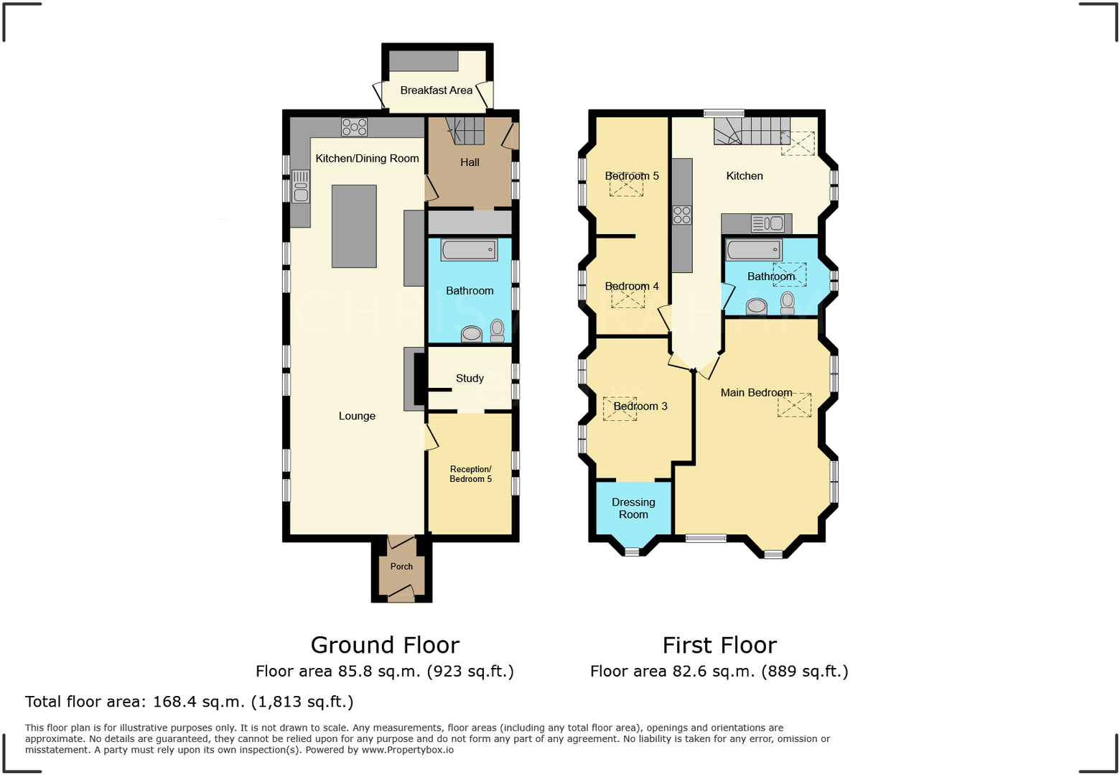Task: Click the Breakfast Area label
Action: (436, 91)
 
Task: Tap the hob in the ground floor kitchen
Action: (354, 127)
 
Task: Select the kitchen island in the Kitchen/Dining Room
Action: (354, 226)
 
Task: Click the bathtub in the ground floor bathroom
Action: (469, 250)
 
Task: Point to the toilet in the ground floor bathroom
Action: (497, 330)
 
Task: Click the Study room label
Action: (470, 379)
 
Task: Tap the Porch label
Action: (401, 567)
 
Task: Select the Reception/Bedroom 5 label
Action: (470, 474)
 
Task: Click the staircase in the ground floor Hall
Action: (466, 131)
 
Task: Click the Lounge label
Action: (357, 416)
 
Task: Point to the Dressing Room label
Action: (633, 509)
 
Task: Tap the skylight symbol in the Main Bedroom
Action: (794, 405)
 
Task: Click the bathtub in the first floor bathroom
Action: (753, 250)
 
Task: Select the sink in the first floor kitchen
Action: (767, 223)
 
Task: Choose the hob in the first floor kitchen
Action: (682, 215)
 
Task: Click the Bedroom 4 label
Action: (631, 287)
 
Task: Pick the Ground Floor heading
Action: (385, 645)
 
